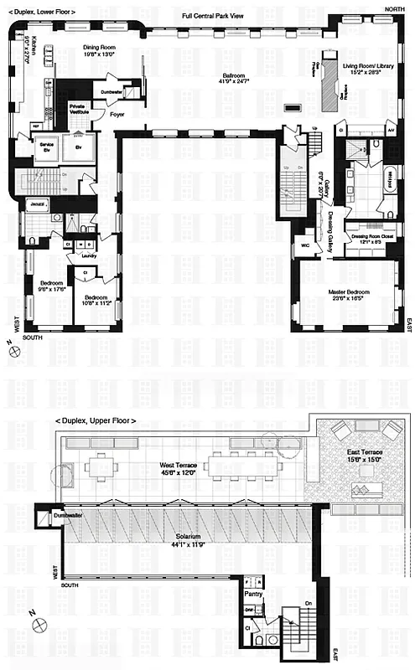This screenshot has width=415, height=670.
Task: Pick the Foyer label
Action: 117,114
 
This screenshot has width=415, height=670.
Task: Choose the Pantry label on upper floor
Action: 254,593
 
